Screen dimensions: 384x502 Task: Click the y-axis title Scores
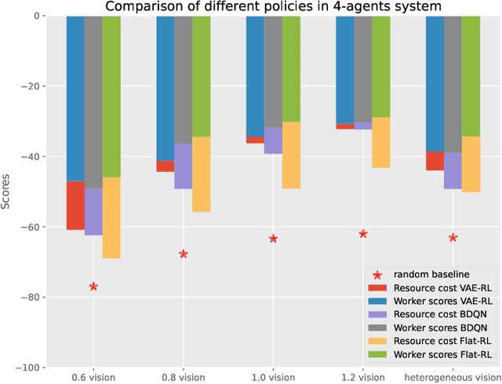pyautogui.click(x=7, y=192)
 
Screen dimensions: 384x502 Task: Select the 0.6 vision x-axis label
pyautogui.click(x=93, y=378)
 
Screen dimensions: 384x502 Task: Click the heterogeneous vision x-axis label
pyautogui.click(x=453, y=378)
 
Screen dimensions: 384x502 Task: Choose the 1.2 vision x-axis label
pyautogui.click(x=362, y=378)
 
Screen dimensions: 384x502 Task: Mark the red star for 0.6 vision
pyautogui.click(x=93, y=287)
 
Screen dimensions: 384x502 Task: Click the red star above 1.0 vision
pyautogui.click(x=273, y=238)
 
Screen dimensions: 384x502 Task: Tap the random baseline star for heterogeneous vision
pyautogui.click(x=453, y=237)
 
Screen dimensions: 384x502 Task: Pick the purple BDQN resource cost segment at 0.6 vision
pyautogui.click(x=93, y=212)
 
